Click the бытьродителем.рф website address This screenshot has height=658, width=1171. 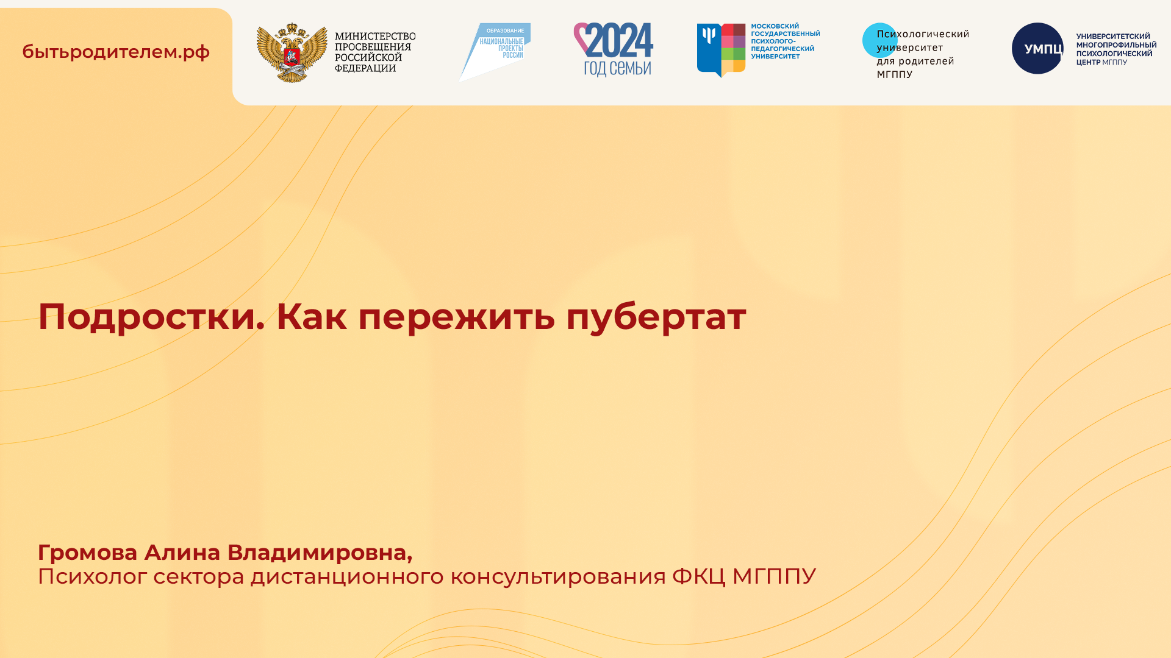pyautogui.click(x=116, y=52)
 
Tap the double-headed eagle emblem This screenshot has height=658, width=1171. pyautogui.click(x=292, y=53)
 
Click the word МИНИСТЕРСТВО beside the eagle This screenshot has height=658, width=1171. pyautogui.click(x=375, y=37)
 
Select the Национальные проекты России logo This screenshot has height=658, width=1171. pyautogui.click(x=495, y=51)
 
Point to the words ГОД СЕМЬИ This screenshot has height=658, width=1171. pyautogui.click(x=617, y=68)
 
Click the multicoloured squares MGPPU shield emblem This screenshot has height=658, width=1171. pyautogui.click(x=721, y=50)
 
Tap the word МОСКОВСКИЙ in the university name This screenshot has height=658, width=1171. pyautogui.click(x=775, y=26)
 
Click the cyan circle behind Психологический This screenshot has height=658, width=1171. pyautogui.click(x=878, y=40)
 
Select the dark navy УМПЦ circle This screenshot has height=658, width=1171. pyautogui.click(x=1037, y=49)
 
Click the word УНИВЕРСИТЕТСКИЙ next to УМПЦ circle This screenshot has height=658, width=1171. pyautogui.click(x=1113, y=37)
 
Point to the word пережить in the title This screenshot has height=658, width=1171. pyautogui.click(x=456, y=317)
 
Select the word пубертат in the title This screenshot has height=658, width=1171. pyautogui.click(x=656, y=317)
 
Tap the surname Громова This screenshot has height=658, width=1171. pyautogui.click(x=88, y=553)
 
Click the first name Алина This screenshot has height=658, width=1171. pyautogui.click(x=182, y=553)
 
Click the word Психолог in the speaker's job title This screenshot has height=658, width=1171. pyautogui.click(x=92, y=576)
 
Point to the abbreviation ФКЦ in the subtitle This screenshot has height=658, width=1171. pyautogui.click(x=698, y=576)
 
